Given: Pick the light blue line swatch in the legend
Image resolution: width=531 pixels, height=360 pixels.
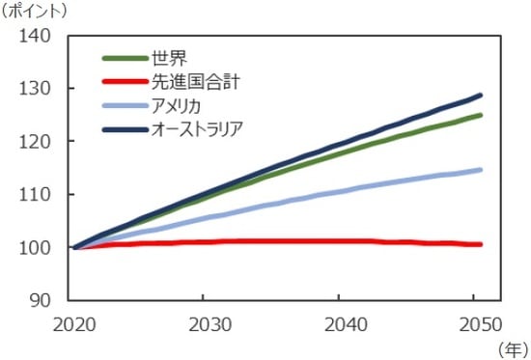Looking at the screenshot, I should [123, 104].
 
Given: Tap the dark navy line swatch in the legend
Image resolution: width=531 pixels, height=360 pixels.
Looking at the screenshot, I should [123, 127].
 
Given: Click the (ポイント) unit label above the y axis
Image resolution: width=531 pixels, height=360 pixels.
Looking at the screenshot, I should [36, 12].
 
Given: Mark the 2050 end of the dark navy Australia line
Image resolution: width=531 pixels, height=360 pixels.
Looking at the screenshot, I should [480, 96].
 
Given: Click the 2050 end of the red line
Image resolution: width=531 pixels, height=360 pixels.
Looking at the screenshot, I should [480, 244].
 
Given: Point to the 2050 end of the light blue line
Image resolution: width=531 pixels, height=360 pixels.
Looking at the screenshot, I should [480, 170].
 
